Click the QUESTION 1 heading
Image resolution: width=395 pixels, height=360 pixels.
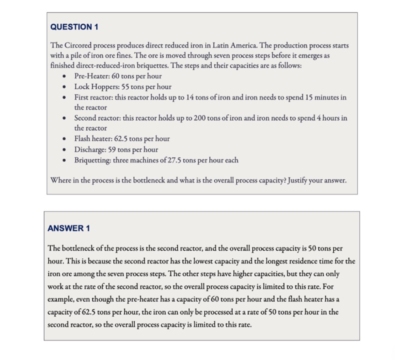[75, 27]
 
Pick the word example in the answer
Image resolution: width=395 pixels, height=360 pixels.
[62, 299]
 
